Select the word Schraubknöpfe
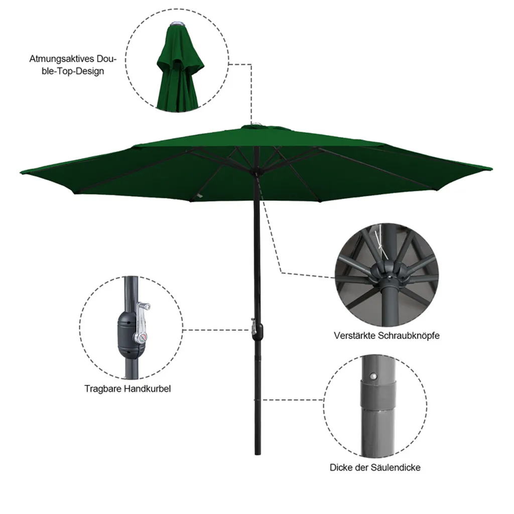tap(409, 336)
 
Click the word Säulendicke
tap(396, 467)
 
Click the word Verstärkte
tap(355, 336)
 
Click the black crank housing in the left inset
tap(129, 334)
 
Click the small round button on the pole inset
tap(372, 376)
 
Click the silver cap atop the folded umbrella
tap(177, 24)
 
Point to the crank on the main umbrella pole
tap(254, 329)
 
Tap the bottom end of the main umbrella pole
tap(258, 454)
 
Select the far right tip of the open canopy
tap(492, 169)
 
